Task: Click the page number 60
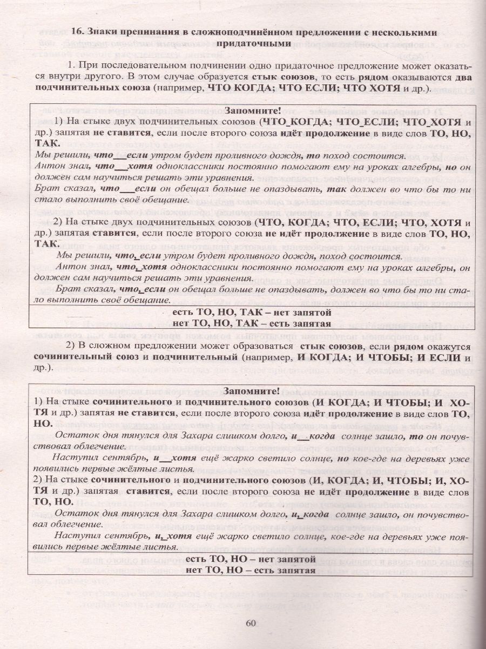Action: pyautogui.click(x=250, y=622)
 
